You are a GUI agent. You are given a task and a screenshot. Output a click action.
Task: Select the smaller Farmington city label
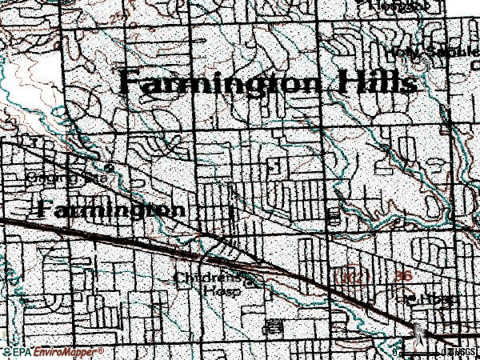[111, 210]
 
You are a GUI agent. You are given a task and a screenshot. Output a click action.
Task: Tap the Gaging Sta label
[58, 175]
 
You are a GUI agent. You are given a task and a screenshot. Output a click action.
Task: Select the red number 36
[404, 275]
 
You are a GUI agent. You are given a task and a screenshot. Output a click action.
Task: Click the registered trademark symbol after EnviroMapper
[102, 349]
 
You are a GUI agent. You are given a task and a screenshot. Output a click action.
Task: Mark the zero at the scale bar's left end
[396, 352]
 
